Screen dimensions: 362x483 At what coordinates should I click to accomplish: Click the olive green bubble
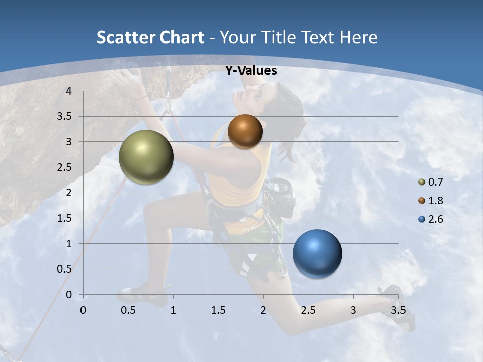[x=146, y=157]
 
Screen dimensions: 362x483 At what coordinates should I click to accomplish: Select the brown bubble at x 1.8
[x=245, y=131]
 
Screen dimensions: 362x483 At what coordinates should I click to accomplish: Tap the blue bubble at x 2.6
[x=317, y=253]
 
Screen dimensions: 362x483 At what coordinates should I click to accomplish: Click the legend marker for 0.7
[x=422, y=182]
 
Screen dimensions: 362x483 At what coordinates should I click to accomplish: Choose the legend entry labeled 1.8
[x=435, y=201]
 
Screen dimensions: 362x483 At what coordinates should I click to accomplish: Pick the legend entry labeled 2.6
[x=435, y=219]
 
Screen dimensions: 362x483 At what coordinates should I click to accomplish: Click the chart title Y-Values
[x=251, y=71]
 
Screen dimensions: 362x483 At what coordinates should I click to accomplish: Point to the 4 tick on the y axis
[x=69, y=91]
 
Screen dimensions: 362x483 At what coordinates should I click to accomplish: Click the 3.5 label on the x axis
[x=398, y=310]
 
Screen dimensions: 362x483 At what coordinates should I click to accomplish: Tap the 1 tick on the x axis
[x=173, y=310]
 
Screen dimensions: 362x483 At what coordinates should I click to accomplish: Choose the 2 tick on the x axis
[x=263, y=310]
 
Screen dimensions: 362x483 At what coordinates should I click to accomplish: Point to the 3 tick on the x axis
[x=353, y=310]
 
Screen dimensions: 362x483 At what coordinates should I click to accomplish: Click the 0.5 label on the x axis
[x=128, y=310]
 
